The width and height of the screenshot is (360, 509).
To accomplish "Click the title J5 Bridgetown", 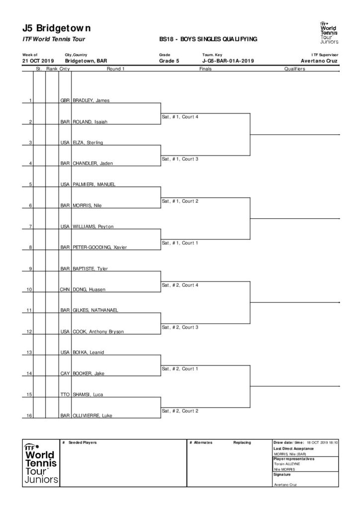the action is pyautogui.click(x=57, y=28).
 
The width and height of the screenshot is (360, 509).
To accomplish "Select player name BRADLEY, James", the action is pyautogui.click(x=91, y=100).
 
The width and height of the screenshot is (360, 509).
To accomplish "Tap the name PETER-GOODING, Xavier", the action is pyautogui.click(x=99, y=248).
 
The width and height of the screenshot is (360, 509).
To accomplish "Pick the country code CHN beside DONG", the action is pyautogui.click(x=65, y=290).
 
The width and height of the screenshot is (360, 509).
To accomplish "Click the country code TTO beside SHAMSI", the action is pyautogui.click(x=65, y=395).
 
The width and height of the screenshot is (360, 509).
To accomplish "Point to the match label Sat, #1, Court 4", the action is pyautogui.click(x=180, y=117).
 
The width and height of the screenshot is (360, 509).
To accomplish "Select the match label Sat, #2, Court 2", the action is pyautogui.click(x=180, y=411).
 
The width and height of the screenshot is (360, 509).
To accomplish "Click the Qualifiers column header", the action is pyautogui.click(x=294, y=69).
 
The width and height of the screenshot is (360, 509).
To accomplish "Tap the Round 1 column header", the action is pyautogui.click(x=115, y=69).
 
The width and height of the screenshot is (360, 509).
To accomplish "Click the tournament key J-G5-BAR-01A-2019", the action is pyautogui.click(x=228, y=61).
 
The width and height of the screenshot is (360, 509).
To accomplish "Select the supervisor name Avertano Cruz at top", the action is pyautogui.click(x=319, y=61).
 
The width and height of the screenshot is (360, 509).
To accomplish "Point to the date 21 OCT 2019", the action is pyautogui.click(x=38, y=61).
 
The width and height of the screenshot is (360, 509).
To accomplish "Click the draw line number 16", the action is pyautogui.click(x=29, y=416).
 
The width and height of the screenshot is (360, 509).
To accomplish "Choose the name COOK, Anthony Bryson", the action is pyautogui.click(x=98, y=332).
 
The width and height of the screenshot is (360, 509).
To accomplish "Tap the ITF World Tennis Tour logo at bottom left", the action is pyautogui.click(x=41, y=464).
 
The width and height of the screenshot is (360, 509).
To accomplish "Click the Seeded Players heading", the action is pyautogui.click(x=83, y=443).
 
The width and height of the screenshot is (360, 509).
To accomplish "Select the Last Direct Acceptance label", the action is pyautogui.click(x=293, y=449).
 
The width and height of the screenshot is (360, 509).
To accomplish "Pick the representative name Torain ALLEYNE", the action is pyautogui.click(x=287, y=464).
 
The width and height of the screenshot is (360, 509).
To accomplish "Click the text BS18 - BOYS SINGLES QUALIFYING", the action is pyautogui.click(x=208, y=39).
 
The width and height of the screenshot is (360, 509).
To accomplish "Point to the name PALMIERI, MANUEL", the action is pyautogui.click(x=94, y=184).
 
